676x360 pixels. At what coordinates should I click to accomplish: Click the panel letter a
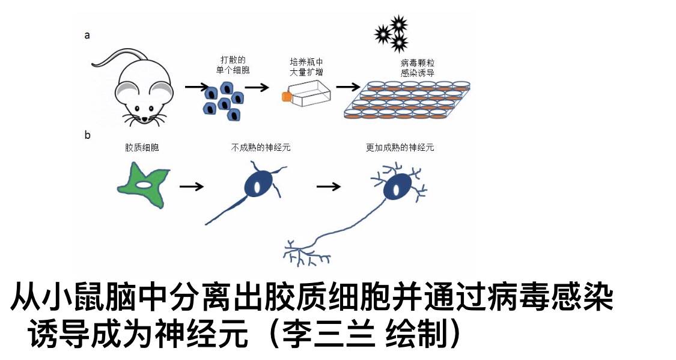point(87,35)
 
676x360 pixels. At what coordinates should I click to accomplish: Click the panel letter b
point(88,135)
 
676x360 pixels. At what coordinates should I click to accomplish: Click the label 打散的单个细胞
point(233,66)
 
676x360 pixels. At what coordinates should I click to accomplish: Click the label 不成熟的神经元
point(260,147)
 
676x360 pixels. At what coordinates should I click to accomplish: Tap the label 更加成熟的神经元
point(400,147)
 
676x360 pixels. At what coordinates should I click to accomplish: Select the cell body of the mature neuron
point(397,188)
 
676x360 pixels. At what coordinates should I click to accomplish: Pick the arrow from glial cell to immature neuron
point(192,186)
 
